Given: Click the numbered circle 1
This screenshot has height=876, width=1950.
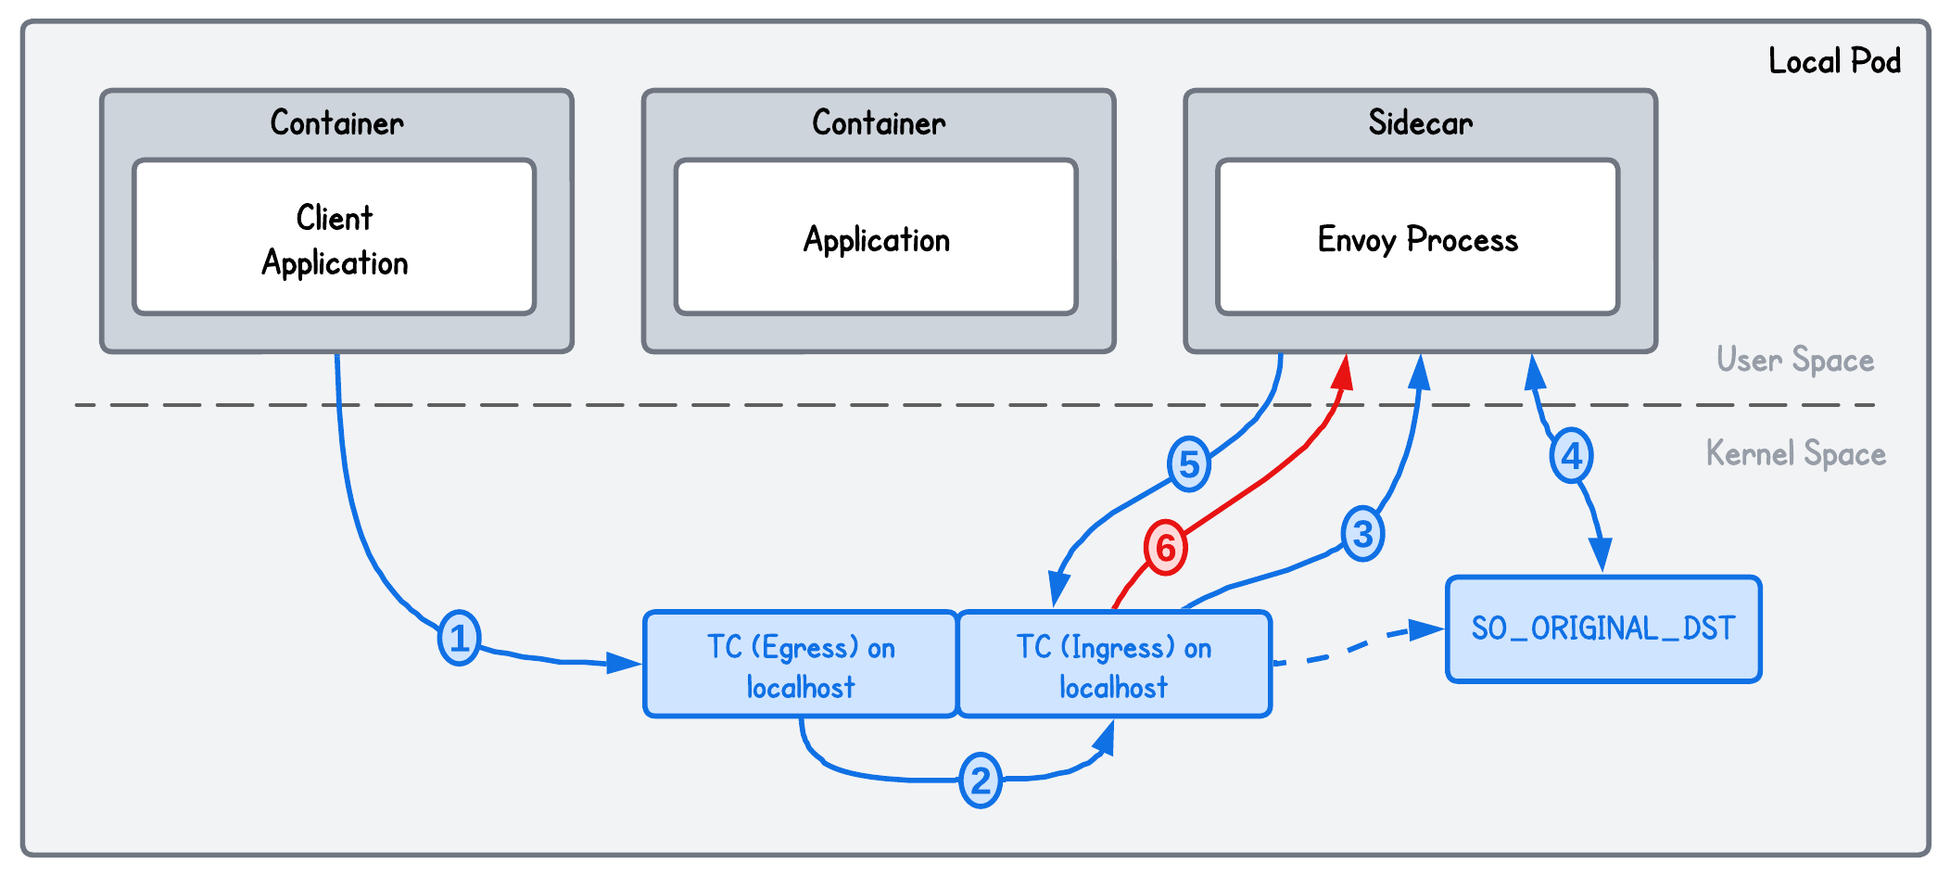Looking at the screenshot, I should (459, 638).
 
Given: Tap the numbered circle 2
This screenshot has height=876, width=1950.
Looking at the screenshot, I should (980, 781).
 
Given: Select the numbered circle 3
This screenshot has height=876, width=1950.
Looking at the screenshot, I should (1362, 534).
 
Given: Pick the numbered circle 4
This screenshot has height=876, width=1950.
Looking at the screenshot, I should (1571, 456).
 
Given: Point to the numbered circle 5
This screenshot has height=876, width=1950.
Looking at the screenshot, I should (1189, 464).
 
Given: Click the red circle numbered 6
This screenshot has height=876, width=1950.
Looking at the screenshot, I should (1165, 548).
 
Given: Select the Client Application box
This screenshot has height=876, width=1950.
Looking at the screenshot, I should (335, 238).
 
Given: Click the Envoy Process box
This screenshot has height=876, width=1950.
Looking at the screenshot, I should (1417, 238).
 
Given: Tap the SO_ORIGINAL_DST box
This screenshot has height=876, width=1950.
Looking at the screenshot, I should (1602, 629).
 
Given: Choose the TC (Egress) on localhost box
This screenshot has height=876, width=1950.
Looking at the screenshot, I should (801, 665).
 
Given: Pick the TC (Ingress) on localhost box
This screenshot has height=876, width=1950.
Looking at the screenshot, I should (1113, 665).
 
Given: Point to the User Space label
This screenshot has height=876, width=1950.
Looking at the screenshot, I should (1794, 360).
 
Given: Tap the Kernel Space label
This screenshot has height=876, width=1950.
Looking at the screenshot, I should (1795, 453).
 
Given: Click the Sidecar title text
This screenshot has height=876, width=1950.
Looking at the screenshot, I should (1420, 123).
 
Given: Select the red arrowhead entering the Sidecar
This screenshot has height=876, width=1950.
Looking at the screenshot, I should (1343, 372).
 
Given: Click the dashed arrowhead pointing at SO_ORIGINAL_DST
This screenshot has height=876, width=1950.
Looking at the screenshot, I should (1425, 631).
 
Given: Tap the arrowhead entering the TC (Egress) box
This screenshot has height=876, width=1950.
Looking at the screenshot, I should (623, 663).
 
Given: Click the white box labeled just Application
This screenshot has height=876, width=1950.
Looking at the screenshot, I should (876, 238).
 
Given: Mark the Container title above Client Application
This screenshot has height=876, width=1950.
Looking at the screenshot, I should (336, 123).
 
